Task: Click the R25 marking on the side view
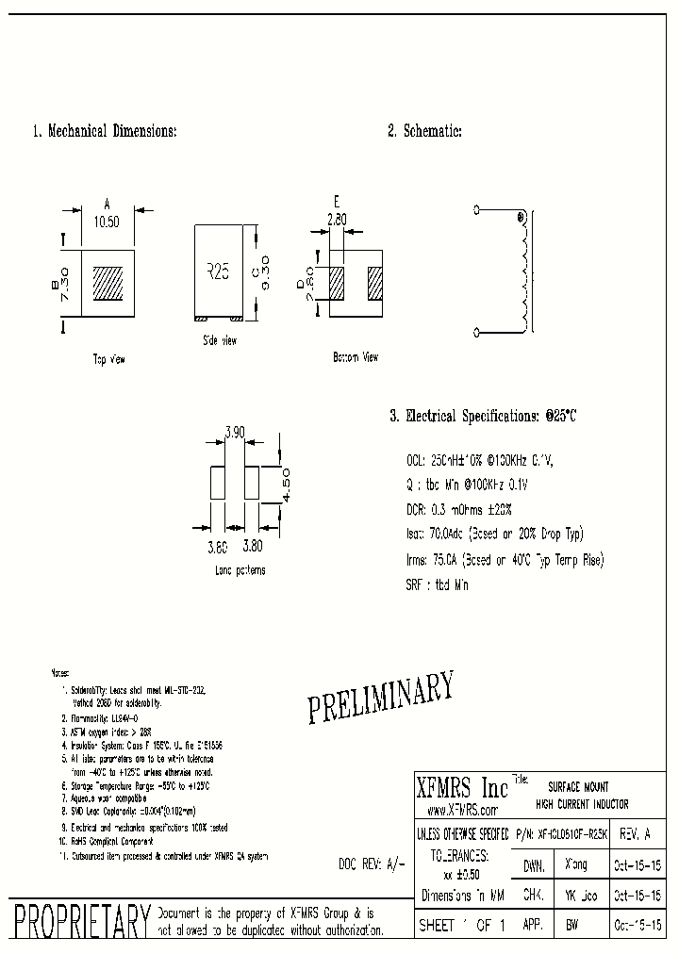tap(218, 271)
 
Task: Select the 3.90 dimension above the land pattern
tap(234, 432)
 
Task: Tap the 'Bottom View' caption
tap(356, 357)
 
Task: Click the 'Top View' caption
tap(108, 359)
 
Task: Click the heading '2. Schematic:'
tap(424, 132)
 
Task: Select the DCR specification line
tap(457, 509)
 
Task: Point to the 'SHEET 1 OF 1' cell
tap(461, 926)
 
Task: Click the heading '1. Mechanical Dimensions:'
tap(105, 132)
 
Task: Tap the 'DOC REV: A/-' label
tap(372, 864)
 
